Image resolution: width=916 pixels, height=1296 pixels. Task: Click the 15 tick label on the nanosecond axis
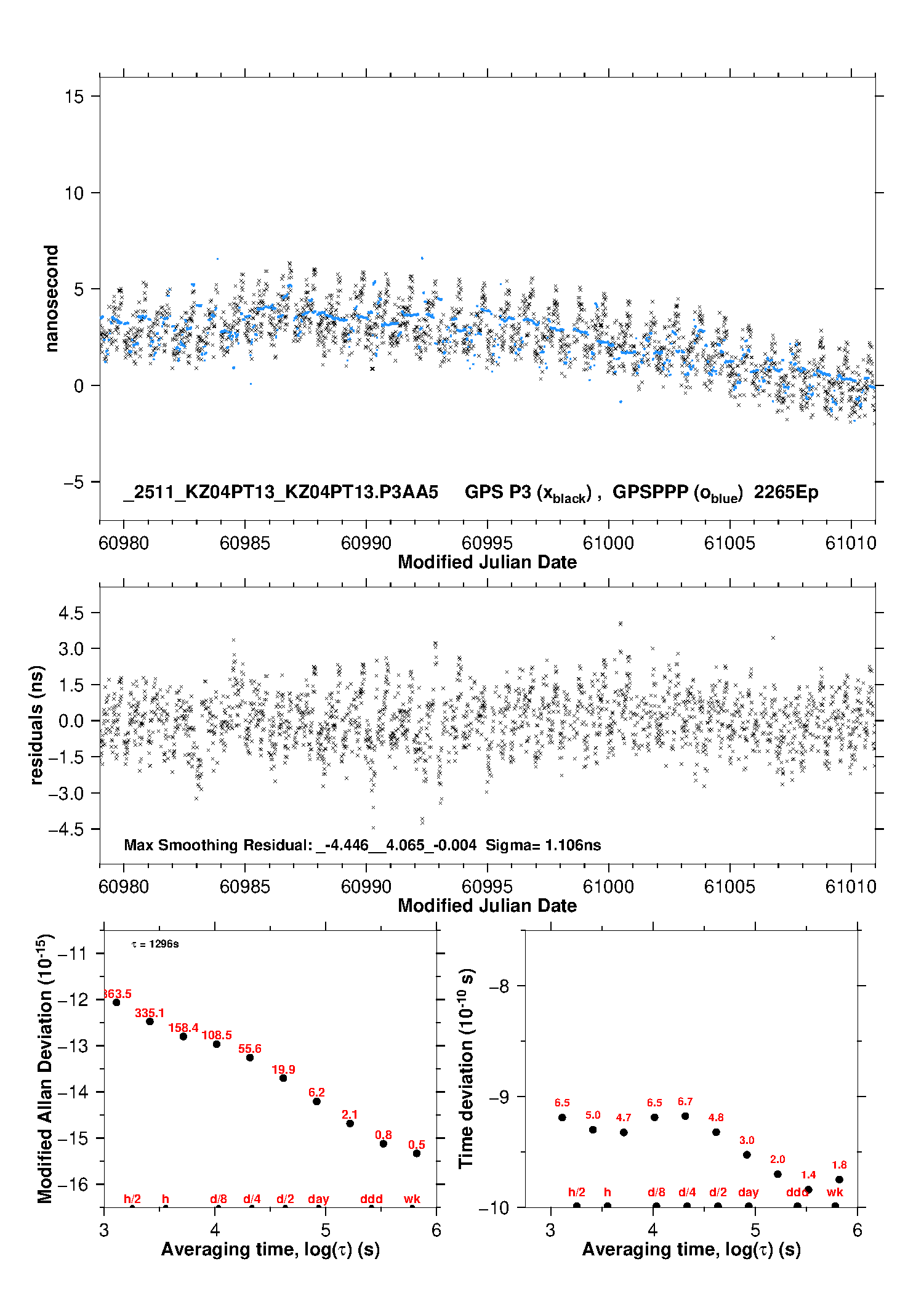[x=74, y=96]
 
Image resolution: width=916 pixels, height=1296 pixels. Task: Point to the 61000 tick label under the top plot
[x=608, y=543]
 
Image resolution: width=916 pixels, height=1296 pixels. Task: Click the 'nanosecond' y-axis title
[x=52, y=298]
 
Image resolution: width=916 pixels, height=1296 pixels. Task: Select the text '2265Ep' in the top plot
[x=786, y=493]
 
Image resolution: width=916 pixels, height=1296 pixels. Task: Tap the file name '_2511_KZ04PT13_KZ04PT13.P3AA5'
[x=281, y=493]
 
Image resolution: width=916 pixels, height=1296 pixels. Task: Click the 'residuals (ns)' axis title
[x=37, y=725]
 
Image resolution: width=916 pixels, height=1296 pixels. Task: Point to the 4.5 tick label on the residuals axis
[x=71, y=613]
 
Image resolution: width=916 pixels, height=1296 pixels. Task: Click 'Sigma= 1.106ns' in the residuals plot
[x=543, y=845]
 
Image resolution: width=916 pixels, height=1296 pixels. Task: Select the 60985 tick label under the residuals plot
[x=244, y=887]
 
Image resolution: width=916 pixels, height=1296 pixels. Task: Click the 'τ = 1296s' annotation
[x=155, y=944]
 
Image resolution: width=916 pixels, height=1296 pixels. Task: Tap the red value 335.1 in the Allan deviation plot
[x=150, y=1013]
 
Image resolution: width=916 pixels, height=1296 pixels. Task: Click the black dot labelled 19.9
[x=283, y=1077]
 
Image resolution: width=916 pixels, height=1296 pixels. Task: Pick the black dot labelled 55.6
[x=250, y=1057]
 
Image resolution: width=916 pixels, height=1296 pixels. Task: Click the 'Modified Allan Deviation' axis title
[x=44, y=1068]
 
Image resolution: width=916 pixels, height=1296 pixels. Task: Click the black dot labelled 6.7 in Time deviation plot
[x=685, y=1116]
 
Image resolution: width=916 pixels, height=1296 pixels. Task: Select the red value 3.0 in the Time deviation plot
[x=747, y=1140]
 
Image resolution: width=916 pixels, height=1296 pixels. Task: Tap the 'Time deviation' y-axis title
[x=466, y=1068]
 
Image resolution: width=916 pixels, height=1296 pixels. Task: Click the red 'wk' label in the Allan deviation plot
[x=412, y=1199]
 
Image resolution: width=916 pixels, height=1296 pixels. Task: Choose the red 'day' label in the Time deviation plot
[x=748, y=1193]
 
